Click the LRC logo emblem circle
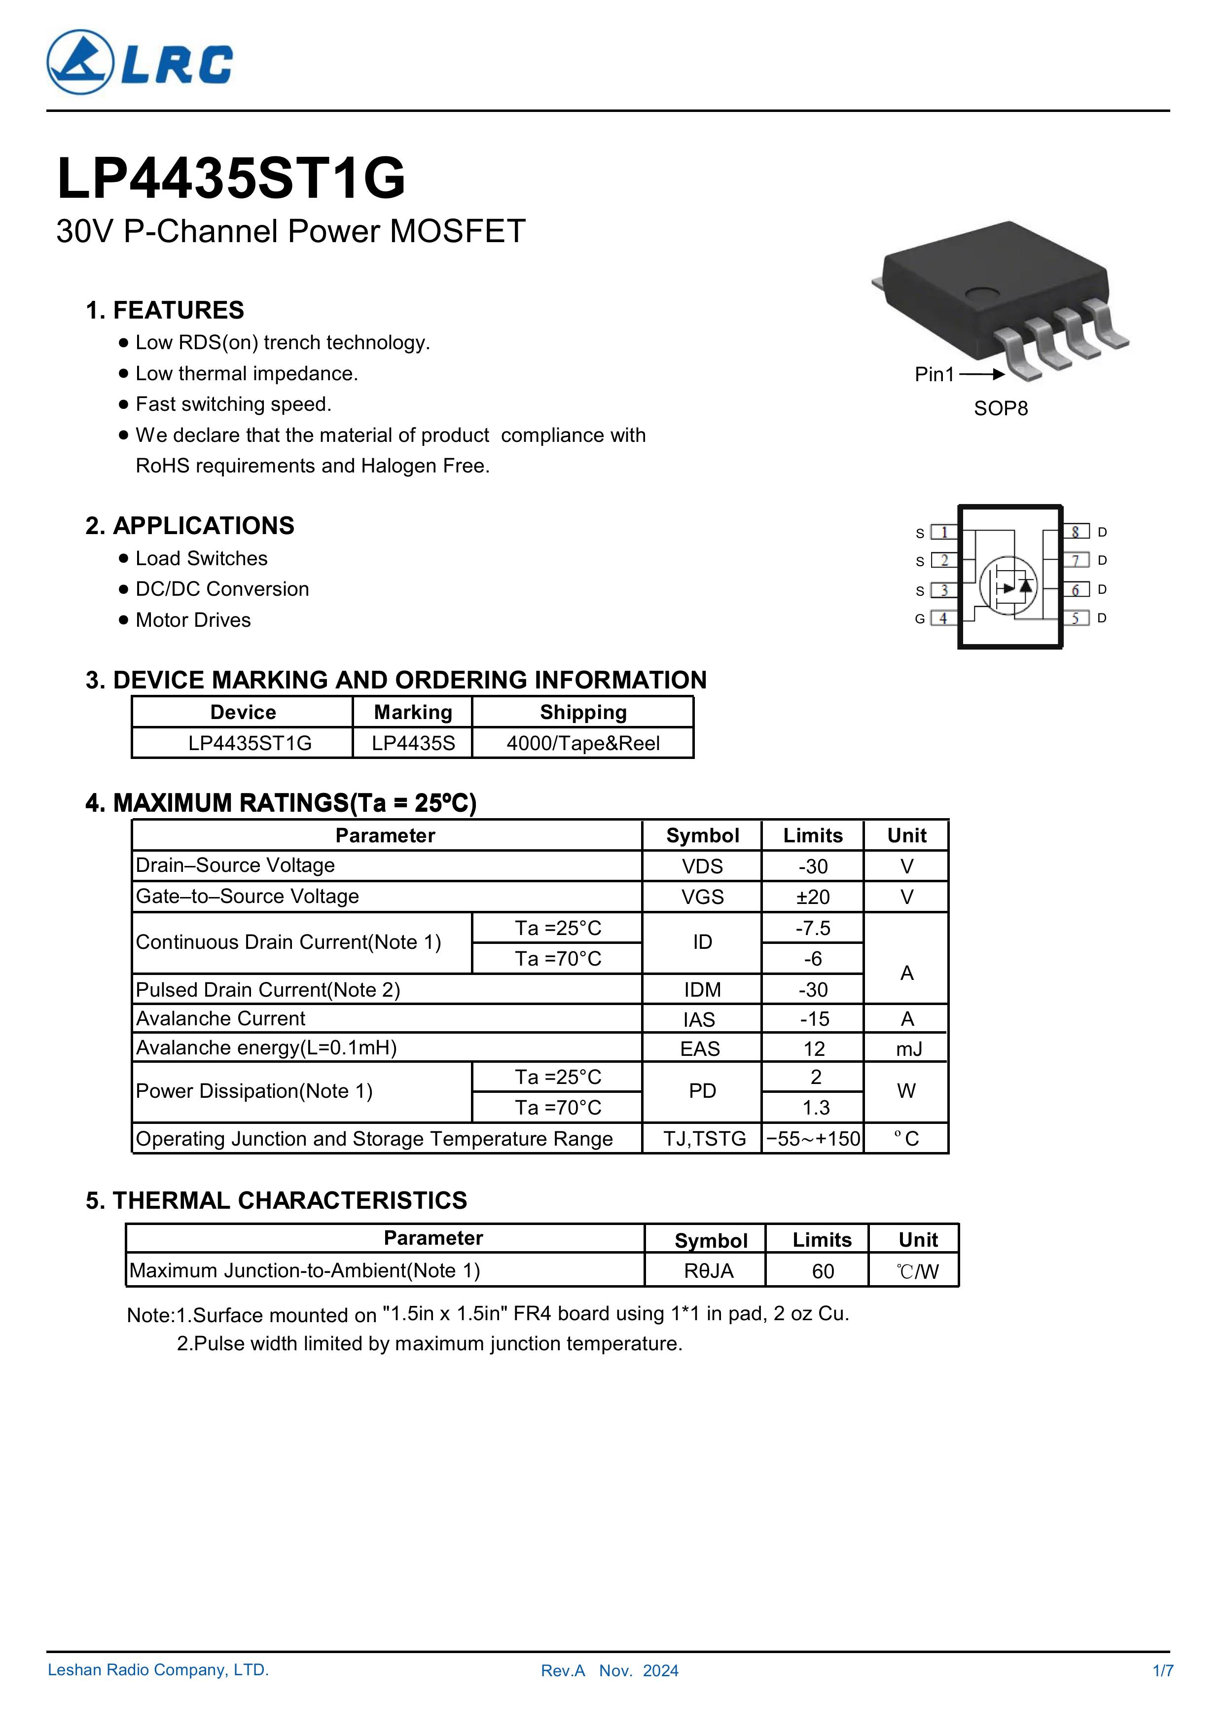(x=80, y=63)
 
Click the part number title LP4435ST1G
(x=231, y=180)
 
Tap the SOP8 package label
(x=1000, y=408)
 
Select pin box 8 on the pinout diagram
(x=1076, y=532)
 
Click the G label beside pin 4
(x=919, y=618)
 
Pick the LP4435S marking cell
(x=413, y=743)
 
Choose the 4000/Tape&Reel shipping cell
(x=582, y=743)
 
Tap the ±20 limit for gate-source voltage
(x=813, y=897)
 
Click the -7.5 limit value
(x=813, y=928)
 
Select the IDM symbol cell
(x=702, y=989)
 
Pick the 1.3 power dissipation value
(x=815, y=1108)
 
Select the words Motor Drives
(x=193, y=620)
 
